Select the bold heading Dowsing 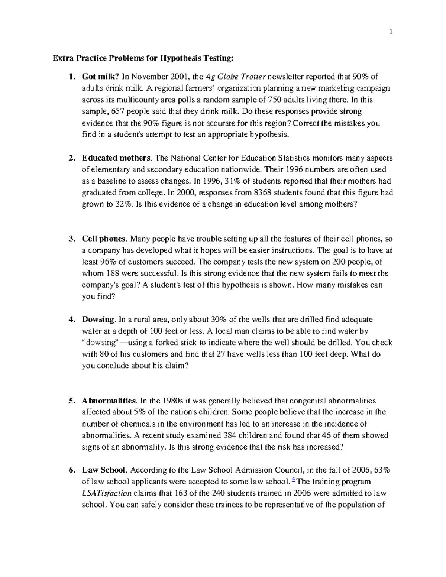pos(99,320)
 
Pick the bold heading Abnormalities pos(110,401)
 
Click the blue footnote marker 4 pos(294,480)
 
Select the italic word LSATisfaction pos(107,494)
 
